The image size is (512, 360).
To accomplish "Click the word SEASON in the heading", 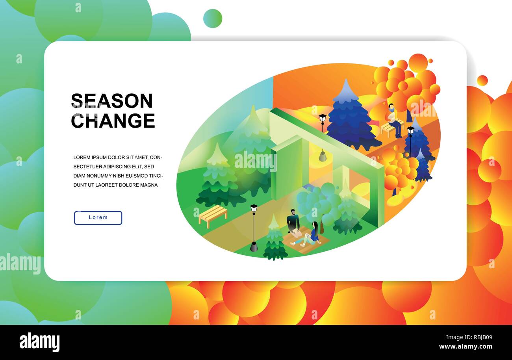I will coord(112,101).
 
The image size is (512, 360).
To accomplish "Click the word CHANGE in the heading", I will coord(113,121).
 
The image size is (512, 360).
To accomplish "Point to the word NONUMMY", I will coord(102,176).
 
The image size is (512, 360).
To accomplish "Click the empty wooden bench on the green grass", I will coord(213,215).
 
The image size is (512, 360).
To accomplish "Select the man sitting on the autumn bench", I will coord(393,120).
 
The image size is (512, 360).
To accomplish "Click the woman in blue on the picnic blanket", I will coord(314,234).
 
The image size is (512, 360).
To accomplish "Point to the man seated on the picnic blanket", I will coord(292,223).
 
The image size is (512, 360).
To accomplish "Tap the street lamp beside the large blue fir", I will coord(323,122).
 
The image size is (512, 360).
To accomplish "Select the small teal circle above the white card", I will coord(213,19).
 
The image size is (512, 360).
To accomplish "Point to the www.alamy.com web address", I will coord(466,347).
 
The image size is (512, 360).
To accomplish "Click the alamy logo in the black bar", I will coord(39,342).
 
